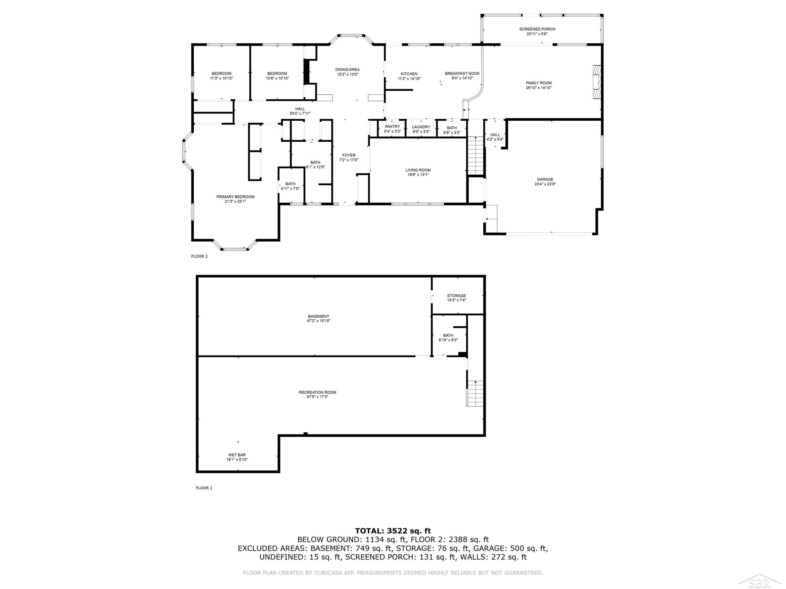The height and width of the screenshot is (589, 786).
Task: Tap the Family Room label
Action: click(x=539, y=83)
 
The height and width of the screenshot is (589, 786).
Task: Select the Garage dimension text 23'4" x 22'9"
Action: click(x=545, y=184)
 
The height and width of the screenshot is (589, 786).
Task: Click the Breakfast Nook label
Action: click(x=462, y=74)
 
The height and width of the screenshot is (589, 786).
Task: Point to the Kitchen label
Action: click(x=409, y=74)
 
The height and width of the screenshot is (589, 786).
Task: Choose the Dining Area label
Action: click(x=347, y=70)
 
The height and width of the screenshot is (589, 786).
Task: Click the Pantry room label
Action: click(x=392, y=127)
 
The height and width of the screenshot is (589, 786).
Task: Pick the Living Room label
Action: click(x=418, y=170)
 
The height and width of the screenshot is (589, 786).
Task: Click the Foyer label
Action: click(x=348, y=155)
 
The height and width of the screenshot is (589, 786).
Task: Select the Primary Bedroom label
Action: click(x=235, y=197)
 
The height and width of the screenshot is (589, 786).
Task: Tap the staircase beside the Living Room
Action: click(x=476, y=155)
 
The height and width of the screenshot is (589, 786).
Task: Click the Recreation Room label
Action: click(x=317, y=392)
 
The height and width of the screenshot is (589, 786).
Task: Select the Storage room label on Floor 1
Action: click(x=456, y=296)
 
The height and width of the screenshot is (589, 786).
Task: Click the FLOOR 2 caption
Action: click(x=199, y=256)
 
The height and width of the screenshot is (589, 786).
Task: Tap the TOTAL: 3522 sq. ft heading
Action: click(x=393, y=531)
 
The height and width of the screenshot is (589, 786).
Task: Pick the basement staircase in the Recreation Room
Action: click(x=475, y=393)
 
